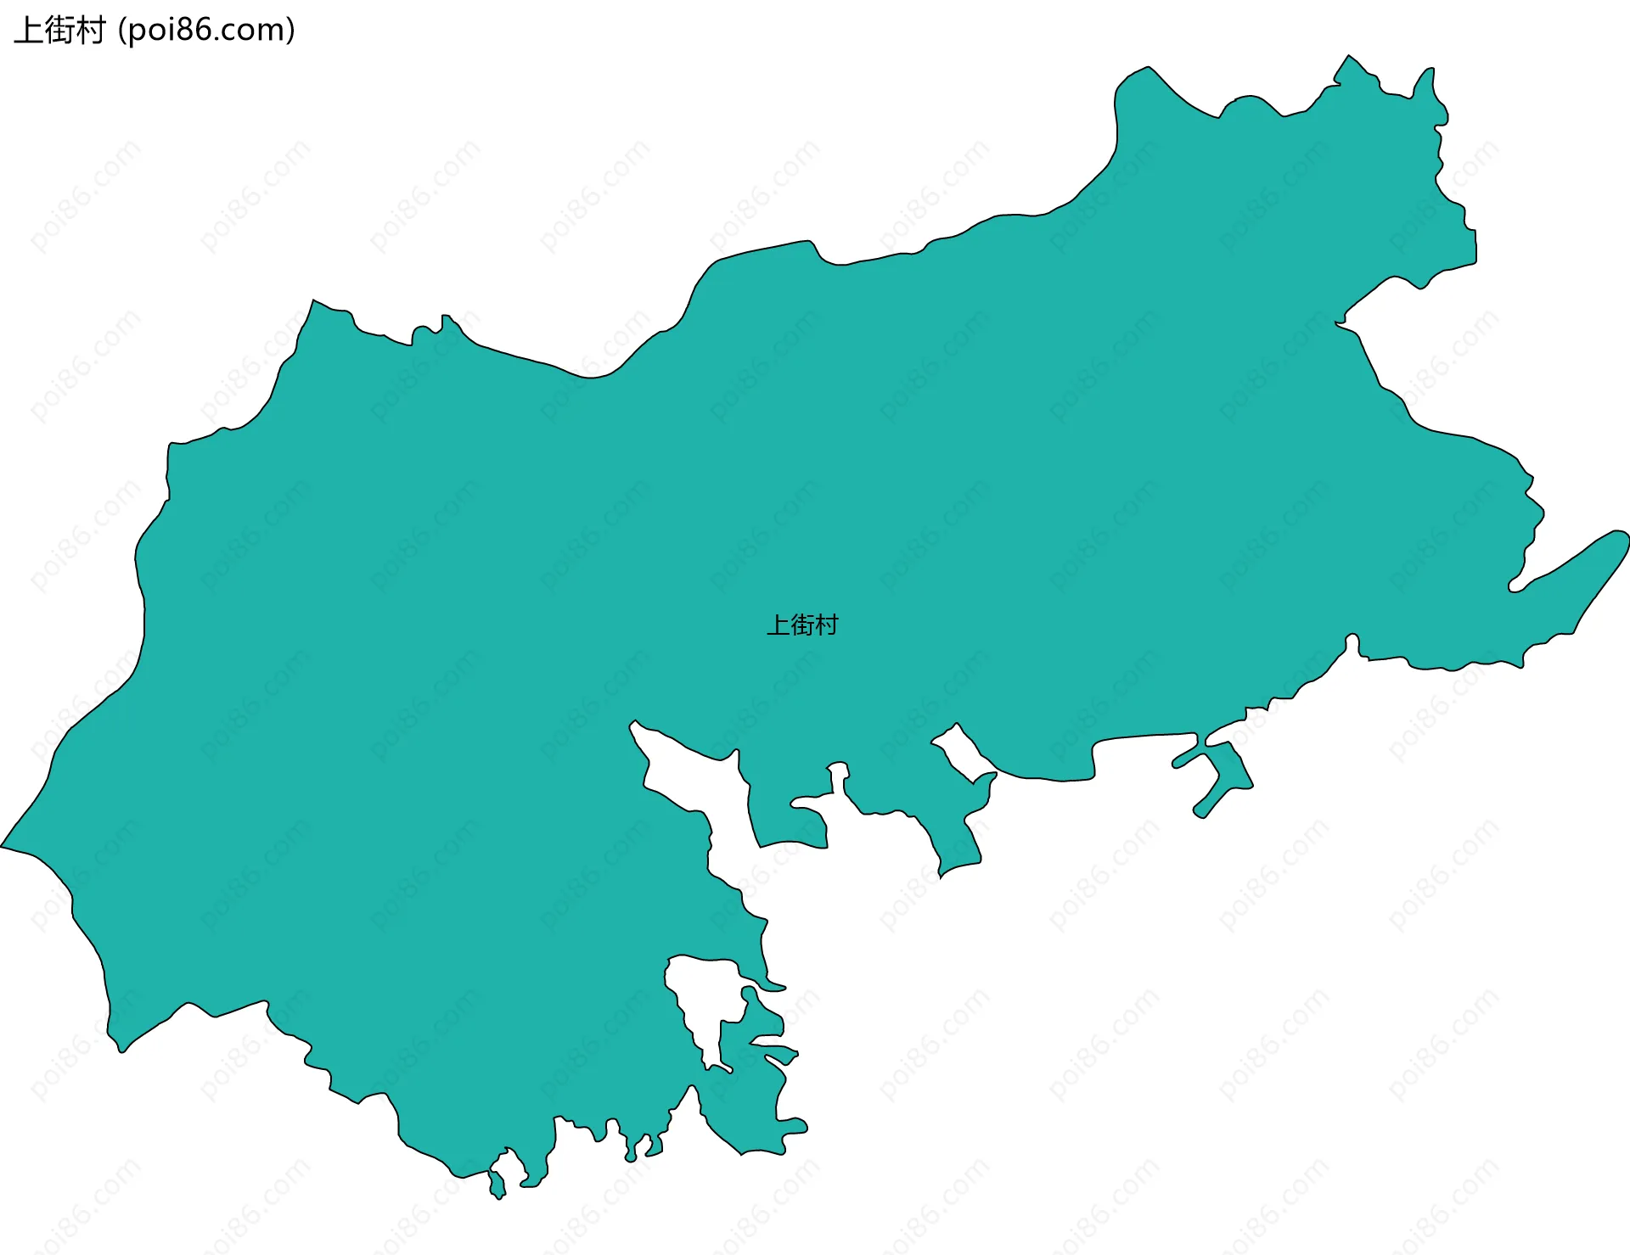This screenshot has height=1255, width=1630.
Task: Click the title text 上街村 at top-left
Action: (x=59, y=31)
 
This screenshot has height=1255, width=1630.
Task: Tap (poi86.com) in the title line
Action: (x=206, y=31)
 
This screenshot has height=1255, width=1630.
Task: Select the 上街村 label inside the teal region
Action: (x=802, y=625)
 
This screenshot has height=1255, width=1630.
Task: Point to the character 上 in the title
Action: (x=28, y=31)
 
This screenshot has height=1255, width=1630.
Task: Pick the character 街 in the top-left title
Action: (x=59, y=31)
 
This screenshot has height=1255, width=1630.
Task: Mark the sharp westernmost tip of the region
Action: (x=3, y=846)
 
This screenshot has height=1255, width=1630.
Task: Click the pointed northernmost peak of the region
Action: (x=1347, y=58)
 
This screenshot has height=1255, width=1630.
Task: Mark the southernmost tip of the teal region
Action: (x=497, y=1196)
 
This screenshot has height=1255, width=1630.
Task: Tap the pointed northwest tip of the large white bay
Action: (x=633, y=724)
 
